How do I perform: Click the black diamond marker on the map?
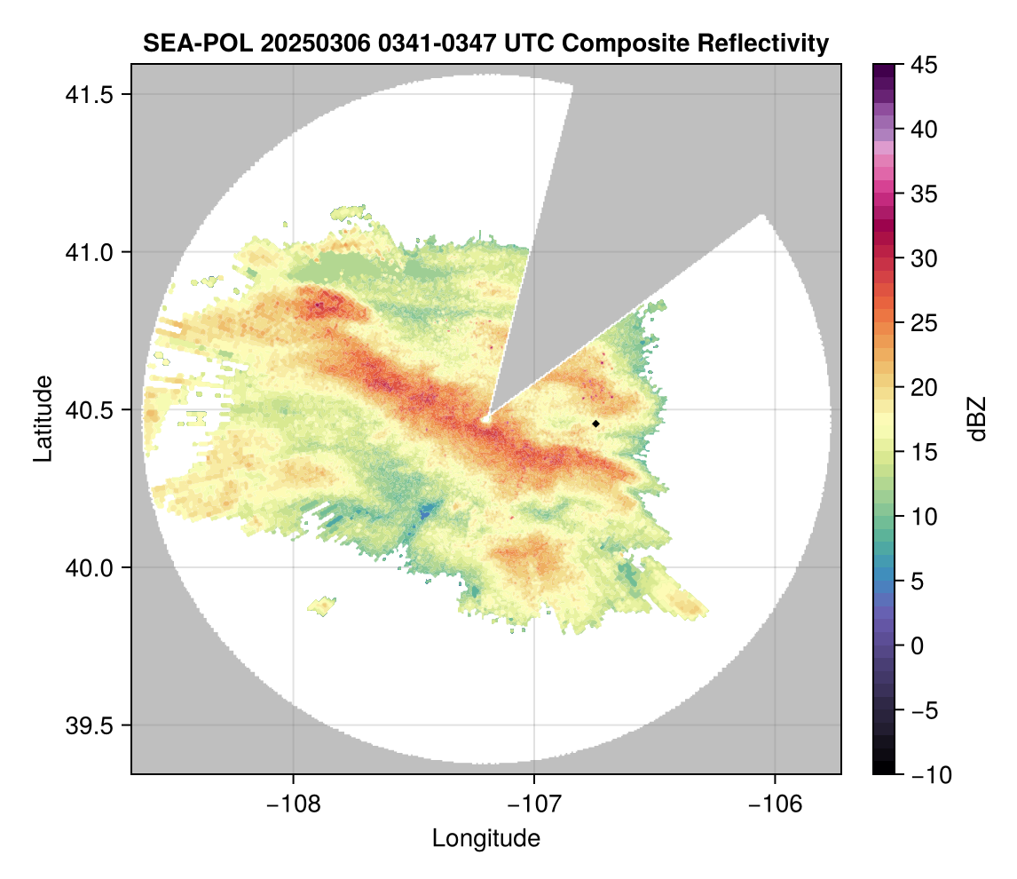tap(595, 424)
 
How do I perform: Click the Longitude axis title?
tap(485, 838)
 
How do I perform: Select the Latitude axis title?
tap(42, 418)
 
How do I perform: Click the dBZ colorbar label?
tap(978, 419)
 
